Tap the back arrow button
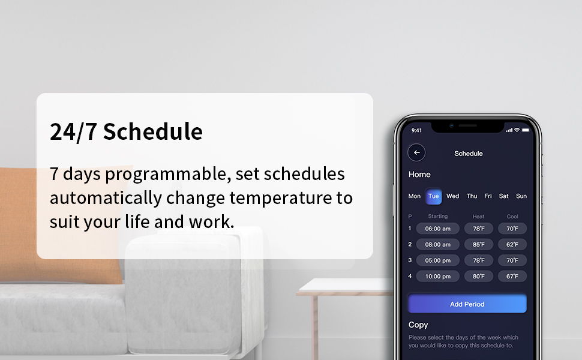416,152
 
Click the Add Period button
467,304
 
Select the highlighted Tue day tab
434,196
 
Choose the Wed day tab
452,196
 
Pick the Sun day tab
521,196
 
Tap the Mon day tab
414,196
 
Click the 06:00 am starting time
437,229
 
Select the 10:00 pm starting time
437,276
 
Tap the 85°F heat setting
478,245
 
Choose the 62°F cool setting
512,245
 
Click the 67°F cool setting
512,276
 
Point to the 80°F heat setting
478,276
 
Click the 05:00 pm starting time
437,260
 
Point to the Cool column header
512,217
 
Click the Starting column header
437,216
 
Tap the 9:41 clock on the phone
416,130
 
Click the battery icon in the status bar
526,130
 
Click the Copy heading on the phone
418,325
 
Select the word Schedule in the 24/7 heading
153,131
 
